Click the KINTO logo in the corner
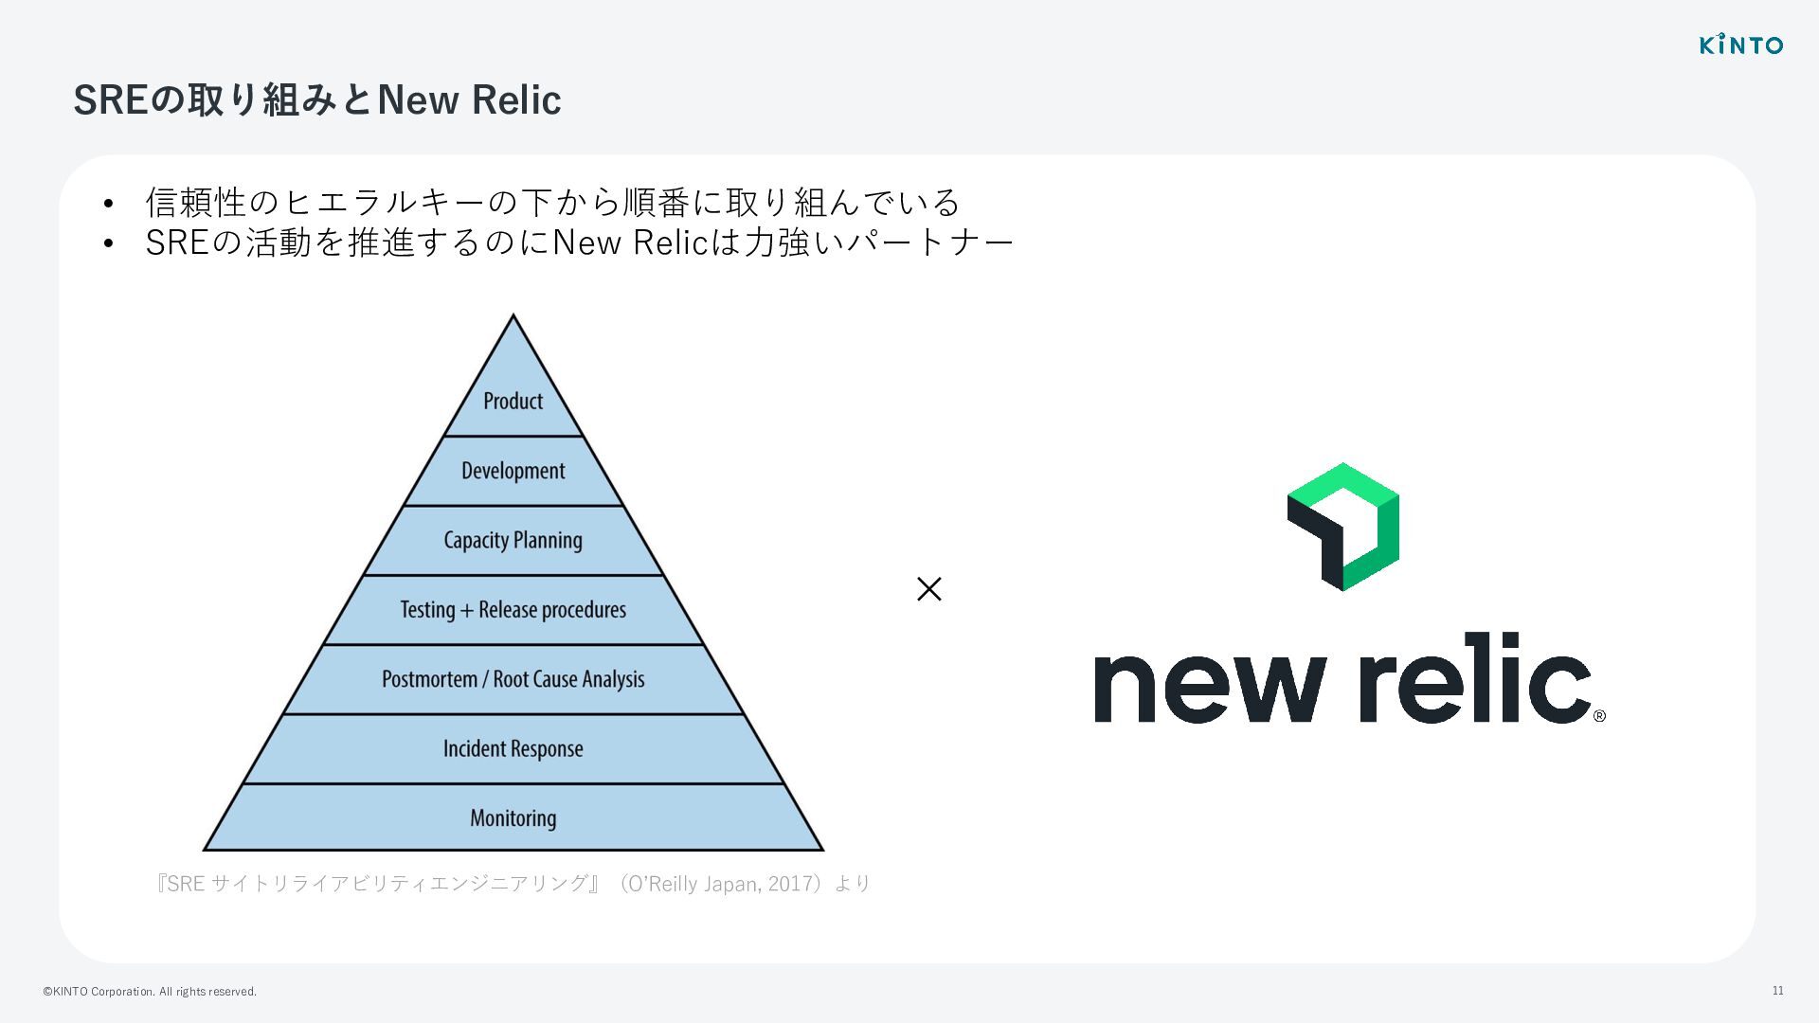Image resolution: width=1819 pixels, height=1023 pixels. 1740,45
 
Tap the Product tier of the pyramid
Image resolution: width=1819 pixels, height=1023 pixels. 513,401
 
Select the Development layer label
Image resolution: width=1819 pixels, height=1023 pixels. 513,471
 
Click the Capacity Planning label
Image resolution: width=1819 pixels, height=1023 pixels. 513,540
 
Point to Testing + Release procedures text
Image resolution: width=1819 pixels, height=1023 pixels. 513,610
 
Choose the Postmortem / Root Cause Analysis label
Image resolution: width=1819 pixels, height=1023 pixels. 513,679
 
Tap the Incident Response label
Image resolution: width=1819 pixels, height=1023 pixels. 513,749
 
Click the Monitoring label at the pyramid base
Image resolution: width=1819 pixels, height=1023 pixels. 513,818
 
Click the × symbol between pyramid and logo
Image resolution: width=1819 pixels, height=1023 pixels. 928,589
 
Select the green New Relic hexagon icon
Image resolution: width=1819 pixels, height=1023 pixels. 1342,527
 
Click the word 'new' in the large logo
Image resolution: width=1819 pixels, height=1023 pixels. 1209,686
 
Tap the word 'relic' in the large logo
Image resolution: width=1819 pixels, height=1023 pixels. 1474,678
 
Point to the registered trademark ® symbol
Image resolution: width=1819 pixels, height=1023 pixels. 1599,716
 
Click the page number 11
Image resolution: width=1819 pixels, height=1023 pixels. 1777,991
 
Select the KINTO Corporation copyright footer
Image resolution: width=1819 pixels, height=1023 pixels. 150,992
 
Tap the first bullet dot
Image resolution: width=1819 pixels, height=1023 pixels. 109,204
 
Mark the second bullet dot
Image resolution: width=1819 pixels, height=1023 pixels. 109,244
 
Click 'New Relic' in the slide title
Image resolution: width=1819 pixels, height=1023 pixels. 469,99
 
